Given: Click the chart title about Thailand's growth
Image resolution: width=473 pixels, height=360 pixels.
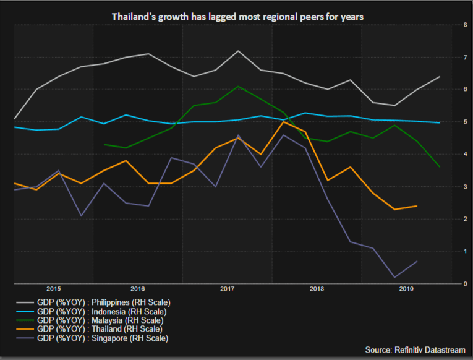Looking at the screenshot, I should [237, 17].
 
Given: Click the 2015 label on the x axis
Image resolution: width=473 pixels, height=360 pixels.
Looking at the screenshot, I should [53, 289].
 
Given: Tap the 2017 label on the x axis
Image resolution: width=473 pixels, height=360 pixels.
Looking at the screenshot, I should [226, 289].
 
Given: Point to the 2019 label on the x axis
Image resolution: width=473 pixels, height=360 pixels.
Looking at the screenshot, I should [406, 289].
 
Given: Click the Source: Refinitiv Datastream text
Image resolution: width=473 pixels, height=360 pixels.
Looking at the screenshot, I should [414, 350].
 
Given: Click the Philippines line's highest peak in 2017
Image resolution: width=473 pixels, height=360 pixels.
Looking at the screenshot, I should [238, 51].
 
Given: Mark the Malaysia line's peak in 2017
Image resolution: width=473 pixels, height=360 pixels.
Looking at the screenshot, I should [238, 87].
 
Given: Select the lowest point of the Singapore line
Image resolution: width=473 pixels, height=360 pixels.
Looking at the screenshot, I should [394, 277].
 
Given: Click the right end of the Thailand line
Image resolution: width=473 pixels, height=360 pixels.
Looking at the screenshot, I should [417, 206].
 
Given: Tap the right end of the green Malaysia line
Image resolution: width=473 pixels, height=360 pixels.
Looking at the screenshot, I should [440, 167].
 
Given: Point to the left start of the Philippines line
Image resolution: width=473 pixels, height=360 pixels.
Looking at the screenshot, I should [14, 118].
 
